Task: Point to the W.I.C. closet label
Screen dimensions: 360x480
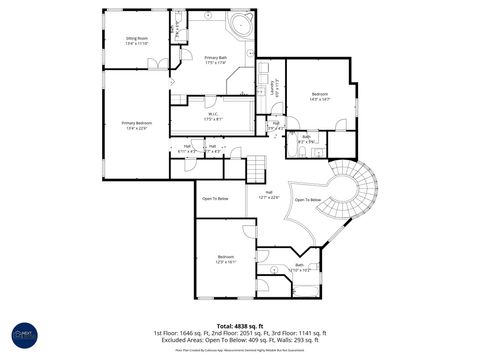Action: pyautogui.click(x=214, y=116)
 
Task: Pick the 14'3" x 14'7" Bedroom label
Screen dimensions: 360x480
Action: pyautogui.click(x=320, y=96)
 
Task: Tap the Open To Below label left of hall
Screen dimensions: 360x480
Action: pyautogui.click(x=216, y=199)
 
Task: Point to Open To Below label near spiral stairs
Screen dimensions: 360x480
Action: pyautogui.click(x=307, y=200)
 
